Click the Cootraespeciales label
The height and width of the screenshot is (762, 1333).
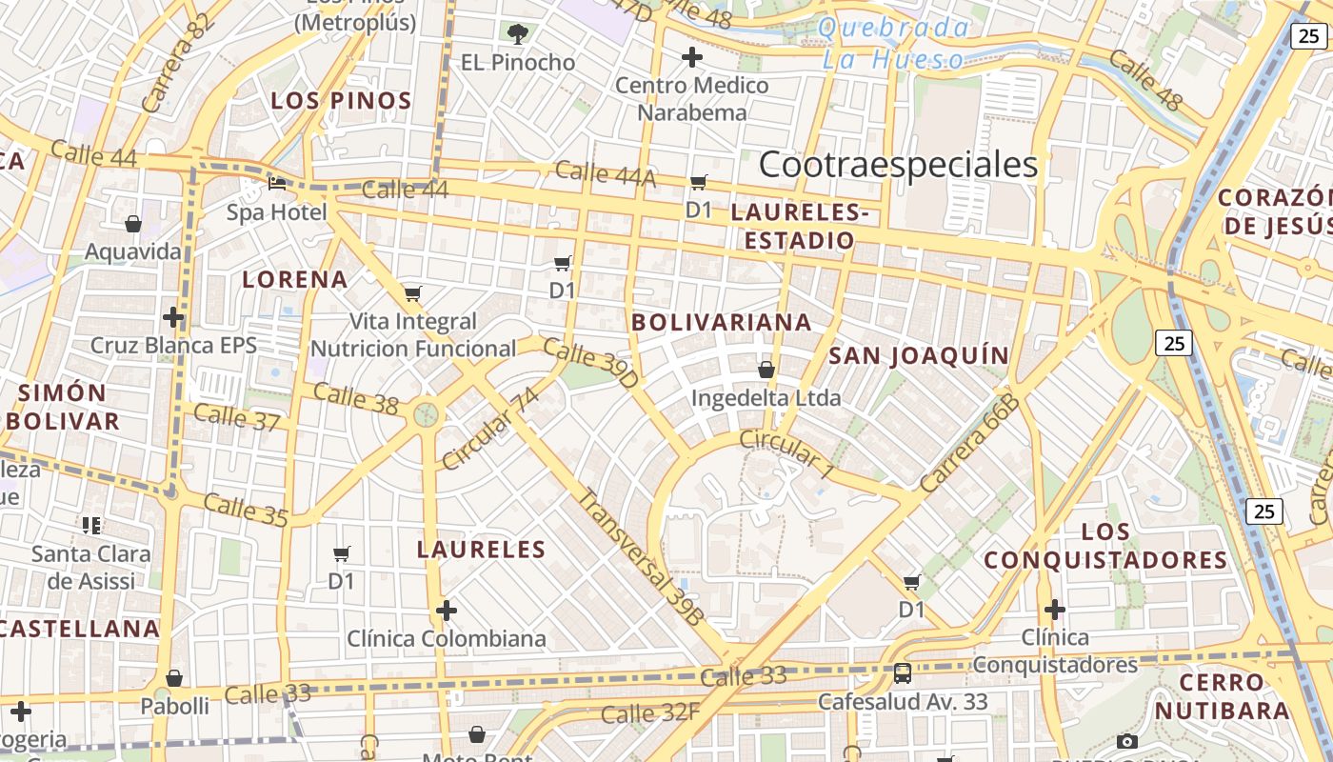click(x=898, y=165)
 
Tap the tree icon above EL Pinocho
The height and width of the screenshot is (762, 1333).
click(x=517, y=35)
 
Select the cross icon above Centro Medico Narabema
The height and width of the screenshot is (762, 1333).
click(x=692, y=57)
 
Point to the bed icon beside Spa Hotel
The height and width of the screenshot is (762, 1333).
click(x=277, y=183)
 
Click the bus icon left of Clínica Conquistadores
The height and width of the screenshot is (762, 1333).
click(x=902, y=673)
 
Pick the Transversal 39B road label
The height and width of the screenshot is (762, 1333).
click(x=642, y=557)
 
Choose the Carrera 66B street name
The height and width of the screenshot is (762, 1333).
click(x=970, y=443)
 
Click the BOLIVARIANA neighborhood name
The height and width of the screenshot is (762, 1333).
click(x=722, y=322)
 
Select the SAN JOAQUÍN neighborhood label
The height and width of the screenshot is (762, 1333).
click(x=919, y=355)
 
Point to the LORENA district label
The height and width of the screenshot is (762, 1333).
click(x=295, y=279)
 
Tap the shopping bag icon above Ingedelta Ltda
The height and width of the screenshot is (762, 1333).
click(x=766, y=369)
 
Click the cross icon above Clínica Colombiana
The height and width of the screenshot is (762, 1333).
click(x=446, y=610)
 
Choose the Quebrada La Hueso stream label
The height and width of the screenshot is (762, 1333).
click(x=892, y=44)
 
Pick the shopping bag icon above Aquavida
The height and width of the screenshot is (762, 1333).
click(x=133, y=224)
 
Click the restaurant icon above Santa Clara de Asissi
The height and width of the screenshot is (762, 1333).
click(x=91, y=525)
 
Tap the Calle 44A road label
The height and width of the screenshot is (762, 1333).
click(x=606, y=173)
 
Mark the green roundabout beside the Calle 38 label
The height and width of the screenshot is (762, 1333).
click(x=427, y=414)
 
